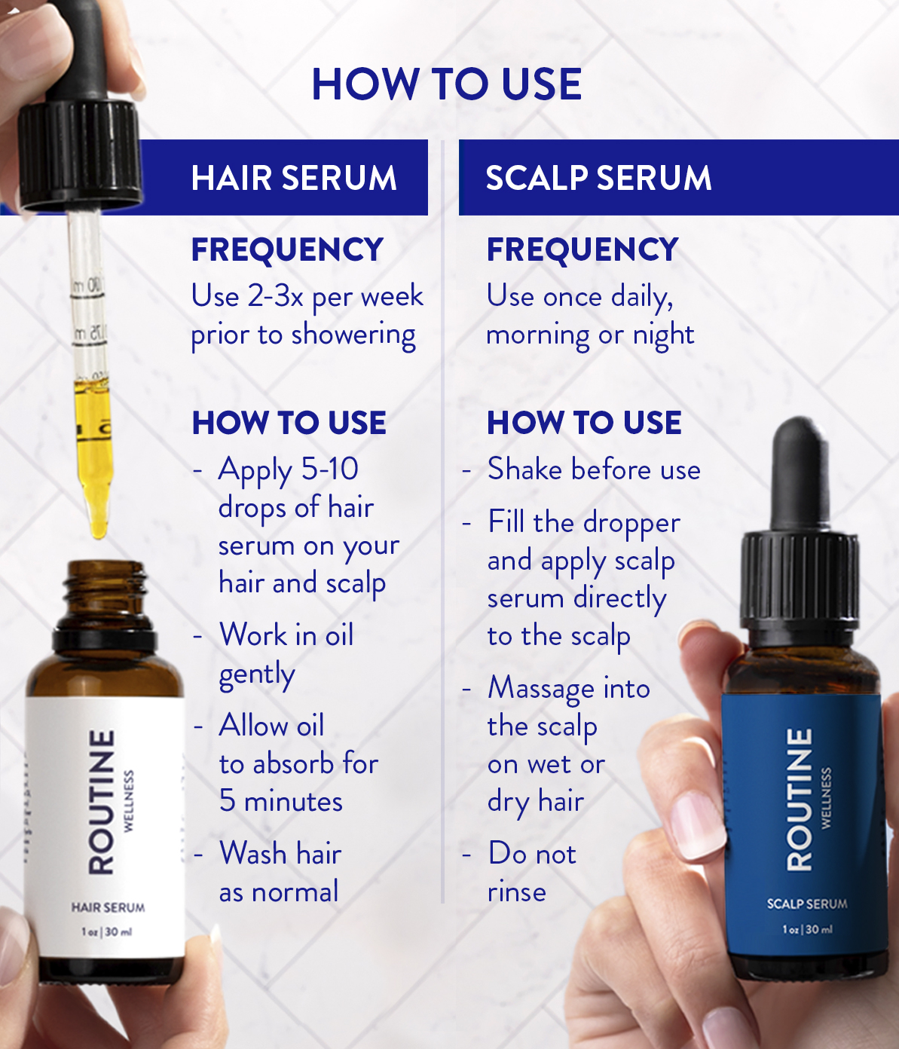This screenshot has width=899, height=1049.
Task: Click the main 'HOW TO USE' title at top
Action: (x=447, y=84)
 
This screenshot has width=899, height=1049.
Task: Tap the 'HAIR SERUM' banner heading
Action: (x=294, y=178)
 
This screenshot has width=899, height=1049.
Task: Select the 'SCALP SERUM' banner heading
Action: (x=598, y=178)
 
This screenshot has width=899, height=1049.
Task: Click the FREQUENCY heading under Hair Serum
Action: (x=287, y=249)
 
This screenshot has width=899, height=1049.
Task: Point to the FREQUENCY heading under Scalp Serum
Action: (x=583, y=249)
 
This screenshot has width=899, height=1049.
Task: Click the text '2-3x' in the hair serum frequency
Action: (x=275, y=296)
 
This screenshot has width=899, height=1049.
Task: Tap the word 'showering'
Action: (x=353, y=336)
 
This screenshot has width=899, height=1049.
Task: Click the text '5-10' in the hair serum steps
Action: (x=330, y=469)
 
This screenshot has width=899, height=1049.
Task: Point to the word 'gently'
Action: (x=257, y=675)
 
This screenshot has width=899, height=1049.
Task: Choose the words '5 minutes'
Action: (x=281, y=801)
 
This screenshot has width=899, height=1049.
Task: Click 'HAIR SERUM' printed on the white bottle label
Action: (x=108, y=907)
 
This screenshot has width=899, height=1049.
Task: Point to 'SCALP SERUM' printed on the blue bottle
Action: (x=807, y=904)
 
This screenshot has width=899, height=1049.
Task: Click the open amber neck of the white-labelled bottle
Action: (x=106, y=583)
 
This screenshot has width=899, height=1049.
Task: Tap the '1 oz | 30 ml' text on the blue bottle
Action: (x=807, y=929)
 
